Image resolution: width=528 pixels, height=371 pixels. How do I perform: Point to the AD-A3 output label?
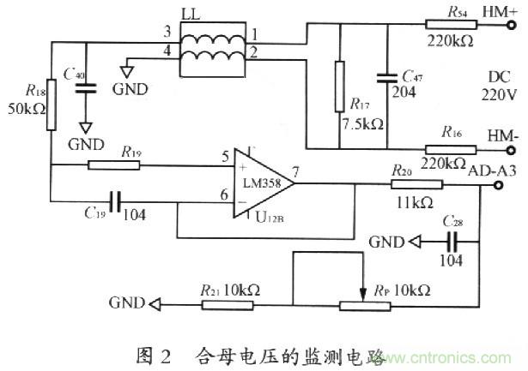click(x=491, y=169)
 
